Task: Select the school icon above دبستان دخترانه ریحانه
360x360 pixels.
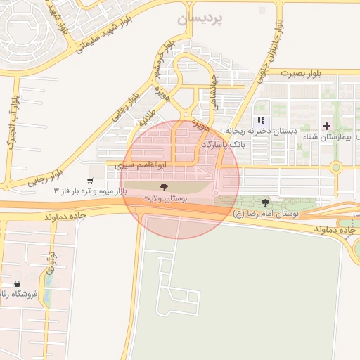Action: (x=262, y=121)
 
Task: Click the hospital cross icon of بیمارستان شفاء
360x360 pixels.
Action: (x=326, y=125)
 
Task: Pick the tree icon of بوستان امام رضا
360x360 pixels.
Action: (x=265, y=202)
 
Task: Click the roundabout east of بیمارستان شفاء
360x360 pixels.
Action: (x=336, y=167)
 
